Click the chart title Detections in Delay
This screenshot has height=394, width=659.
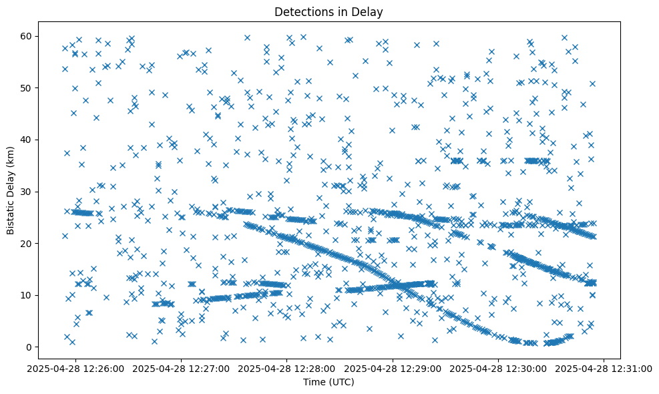[x=329, y=11]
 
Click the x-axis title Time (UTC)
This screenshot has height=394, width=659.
[x=329, y=383]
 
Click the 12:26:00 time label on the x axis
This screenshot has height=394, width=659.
[x=75, y=368]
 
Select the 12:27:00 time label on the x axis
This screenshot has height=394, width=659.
[x=182, y=368]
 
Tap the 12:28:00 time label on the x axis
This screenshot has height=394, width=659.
[x=287, y=368]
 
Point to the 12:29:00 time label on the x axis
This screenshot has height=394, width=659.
[x=393, y=368]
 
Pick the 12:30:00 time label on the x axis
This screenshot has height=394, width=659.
[x=499, y=368]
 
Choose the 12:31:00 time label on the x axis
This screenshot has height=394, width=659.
[x=604, y=368]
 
